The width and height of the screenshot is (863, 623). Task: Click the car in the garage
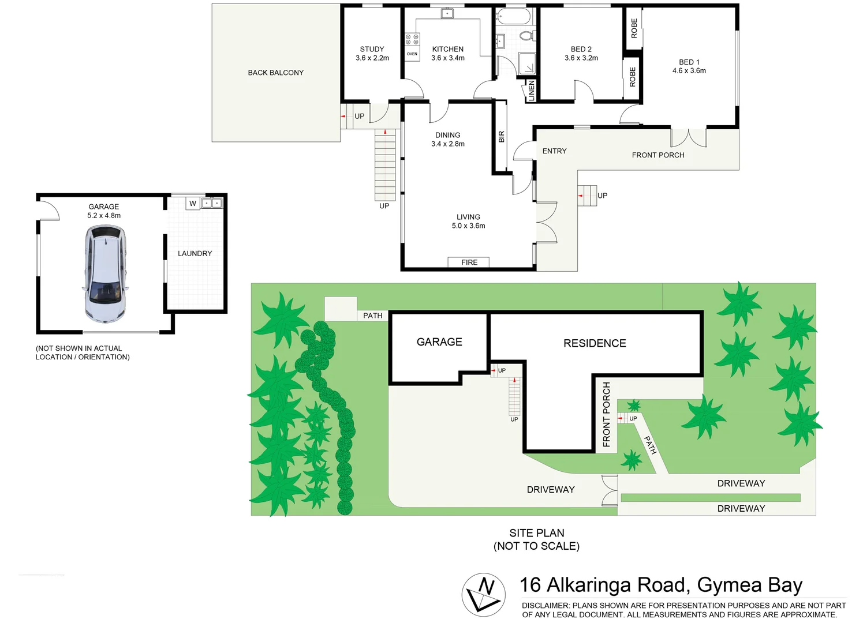[x=104, y=273]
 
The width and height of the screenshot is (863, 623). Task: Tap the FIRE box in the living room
[x=469, y=262]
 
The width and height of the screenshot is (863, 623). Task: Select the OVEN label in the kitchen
[x=412, y=54]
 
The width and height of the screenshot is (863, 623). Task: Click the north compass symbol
[x=483, y=595]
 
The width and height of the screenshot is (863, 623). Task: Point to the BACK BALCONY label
[x=275, y=73]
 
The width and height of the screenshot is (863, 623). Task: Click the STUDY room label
[x=372, y=49]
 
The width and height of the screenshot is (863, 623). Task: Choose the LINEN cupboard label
[x=531, y=91]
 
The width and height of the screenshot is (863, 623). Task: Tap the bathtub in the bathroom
[x=514, y=16]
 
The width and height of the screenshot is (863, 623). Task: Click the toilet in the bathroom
[x=526, y=35]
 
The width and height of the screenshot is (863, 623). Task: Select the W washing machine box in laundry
[x=193, y=203]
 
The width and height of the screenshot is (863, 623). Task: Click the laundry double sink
[x=212, y=203]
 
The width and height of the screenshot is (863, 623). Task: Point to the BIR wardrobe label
[x=501, y=137]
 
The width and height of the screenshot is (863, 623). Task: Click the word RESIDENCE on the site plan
[x=595, y=343]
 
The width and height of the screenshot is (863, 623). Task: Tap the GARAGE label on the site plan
[x=439, y=342]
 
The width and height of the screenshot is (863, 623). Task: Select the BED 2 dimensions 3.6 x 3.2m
[x=581, y=58]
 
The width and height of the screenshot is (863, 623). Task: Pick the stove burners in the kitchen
[x=412, y=39]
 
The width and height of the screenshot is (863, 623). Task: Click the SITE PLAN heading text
[x=536, y=533]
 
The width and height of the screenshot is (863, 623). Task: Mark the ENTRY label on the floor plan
[x=554, y=151]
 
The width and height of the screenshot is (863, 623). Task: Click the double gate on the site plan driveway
[x=610, y=490]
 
